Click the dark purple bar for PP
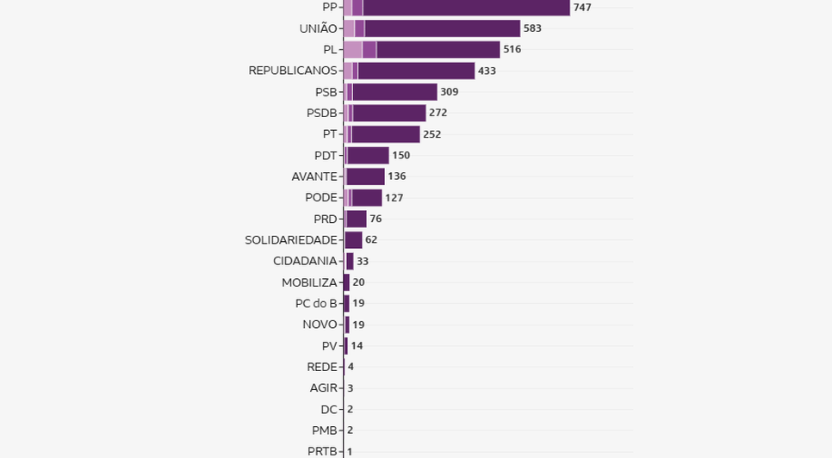pos(466,8)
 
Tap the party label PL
pos(330,49)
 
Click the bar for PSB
pos(394,92)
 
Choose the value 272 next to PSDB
pos(438,113)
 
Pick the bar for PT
pos(385,134)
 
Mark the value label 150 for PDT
pos(400,155)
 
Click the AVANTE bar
pos(365,176)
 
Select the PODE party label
pos(320,197)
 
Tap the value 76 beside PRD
pos(376,219)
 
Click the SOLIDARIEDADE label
pos(291,239)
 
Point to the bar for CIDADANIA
pos(349,261)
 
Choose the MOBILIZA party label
pos(309,282)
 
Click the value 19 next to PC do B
pos(358,303)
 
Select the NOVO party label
pos(320,325)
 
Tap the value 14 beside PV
pos(357,345)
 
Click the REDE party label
pos(322,367)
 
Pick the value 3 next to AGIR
pos(351,388)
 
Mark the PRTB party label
pos(323,451)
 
